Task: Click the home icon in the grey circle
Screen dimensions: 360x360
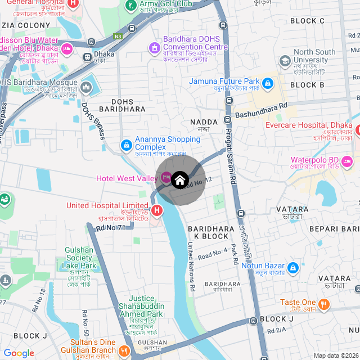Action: tap(179, 180)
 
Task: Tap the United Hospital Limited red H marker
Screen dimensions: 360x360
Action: tap(157, 211)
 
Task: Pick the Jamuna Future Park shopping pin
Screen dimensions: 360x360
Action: tap(268, 84)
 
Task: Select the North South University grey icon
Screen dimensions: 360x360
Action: tap(285, 60)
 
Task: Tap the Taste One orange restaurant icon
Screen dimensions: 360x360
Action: tap(324, 305)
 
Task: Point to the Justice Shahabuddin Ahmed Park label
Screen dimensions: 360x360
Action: tap(146, 306)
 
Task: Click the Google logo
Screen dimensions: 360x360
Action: tap(19, 353)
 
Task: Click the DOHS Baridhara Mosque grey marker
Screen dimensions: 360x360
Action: tap(86, 87)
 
